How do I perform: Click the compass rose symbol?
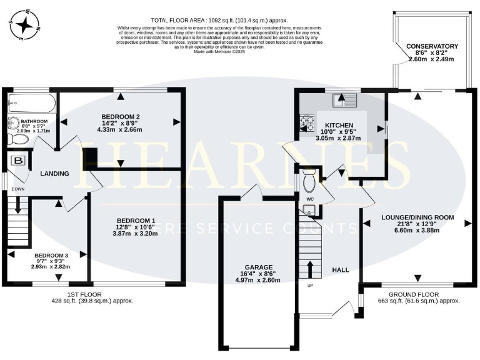(x=26, y=25)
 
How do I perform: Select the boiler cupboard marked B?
(x=19, y=161)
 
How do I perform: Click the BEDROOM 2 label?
(x=119, y=116)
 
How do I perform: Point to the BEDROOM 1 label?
(x=136, y=221)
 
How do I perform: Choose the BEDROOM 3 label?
(x=52, y=256)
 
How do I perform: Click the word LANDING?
(x=54, y=173)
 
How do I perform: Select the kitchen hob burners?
(x=307, y=123)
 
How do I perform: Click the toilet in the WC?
(x=309, y=182)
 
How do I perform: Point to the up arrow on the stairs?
(x=309, y=269)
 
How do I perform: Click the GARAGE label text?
(x=259, y=267)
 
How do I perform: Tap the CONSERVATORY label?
(x=432, y=46)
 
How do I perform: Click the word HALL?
(x=340, y=269)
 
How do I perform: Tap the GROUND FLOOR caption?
(x=413, y=294)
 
